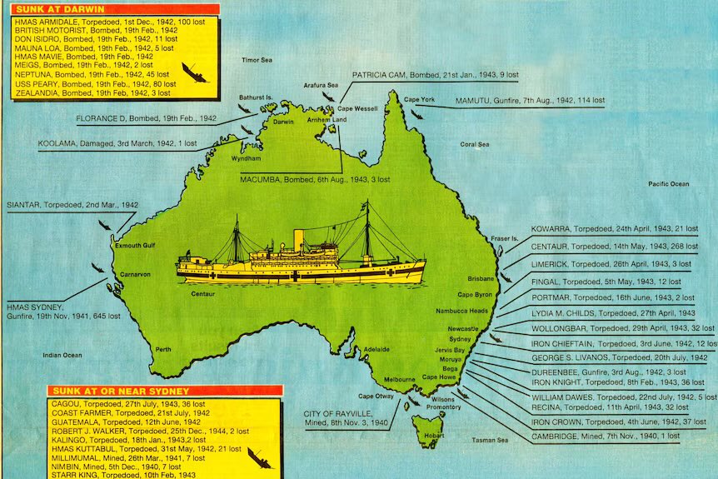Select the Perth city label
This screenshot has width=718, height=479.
163,349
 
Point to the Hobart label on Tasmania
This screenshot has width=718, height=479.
434,436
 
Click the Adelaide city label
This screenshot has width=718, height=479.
377,349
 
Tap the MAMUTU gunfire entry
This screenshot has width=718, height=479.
530,101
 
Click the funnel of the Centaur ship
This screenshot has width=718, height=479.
298,239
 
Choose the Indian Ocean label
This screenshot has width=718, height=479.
63,356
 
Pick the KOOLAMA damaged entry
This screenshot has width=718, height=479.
117,143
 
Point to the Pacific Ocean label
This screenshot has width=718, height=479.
669,183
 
